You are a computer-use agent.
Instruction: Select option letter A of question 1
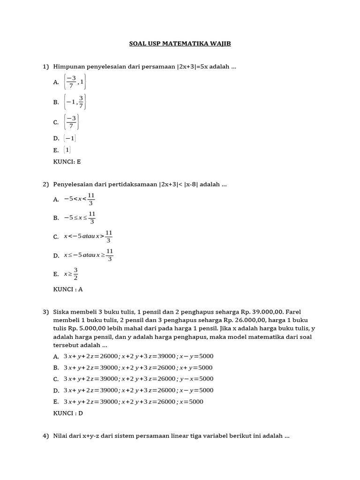(x=56, y=82)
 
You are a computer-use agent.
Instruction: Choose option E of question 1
(x=56, y=150)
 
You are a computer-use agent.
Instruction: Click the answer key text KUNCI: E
(x=67, y=161)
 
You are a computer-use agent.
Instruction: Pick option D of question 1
(x=56, y=138)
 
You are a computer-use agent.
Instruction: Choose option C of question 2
(x=56, y=237)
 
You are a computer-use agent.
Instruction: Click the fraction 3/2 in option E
(x=75, y=274)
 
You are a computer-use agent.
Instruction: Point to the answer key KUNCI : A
(x=68, y=289)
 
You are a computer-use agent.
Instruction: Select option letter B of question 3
(x=56, y=367)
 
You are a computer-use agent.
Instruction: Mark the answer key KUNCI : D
(x=68, y=413)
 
